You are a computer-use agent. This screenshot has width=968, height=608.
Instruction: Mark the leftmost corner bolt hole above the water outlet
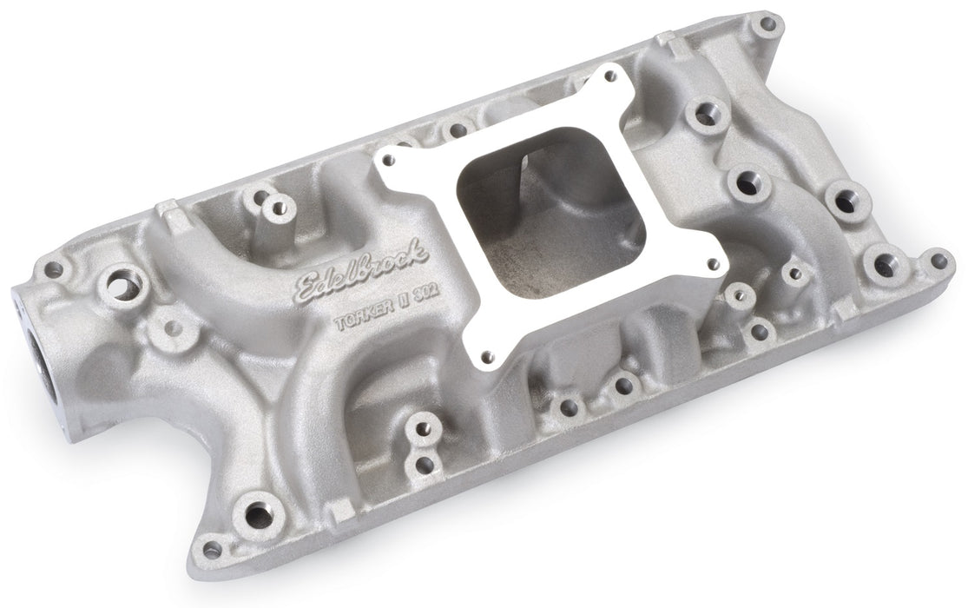click(54, 269)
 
